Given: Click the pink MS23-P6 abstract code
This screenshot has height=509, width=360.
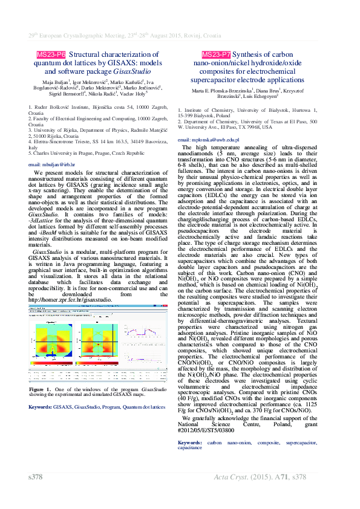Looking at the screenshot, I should point(51,54).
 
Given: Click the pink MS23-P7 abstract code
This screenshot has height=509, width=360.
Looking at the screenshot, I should point(216,54).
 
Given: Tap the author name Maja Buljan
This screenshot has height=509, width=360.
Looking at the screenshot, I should point(55,81).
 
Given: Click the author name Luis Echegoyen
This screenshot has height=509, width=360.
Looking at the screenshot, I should point(260,96).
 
